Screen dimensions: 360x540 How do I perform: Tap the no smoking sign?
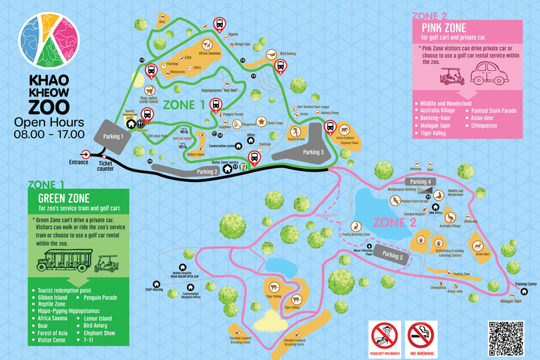[x=422, y=337]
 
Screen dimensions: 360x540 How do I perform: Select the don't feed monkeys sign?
[x=385, y=337]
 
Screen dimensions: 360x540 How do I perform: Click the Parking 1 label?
[x=112, y=136]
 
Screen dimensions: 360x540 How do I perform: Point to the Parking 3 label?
[x=313, y=152]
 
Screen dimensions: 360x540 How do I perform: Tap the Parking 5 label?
[x=392, y=256]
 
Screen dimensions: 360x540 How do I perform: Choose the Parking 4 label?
[x=420, y=182]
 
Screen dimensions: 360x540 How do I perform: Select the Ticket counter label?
[x=105, y=166]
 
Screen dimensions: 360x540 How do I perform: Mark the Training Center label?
[x=526, y=284]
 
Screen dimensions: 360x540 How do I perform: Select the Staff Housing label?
[x=154, y=288]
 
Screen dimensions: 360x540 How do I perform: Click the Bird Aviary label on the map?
[x=288, y=53]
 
